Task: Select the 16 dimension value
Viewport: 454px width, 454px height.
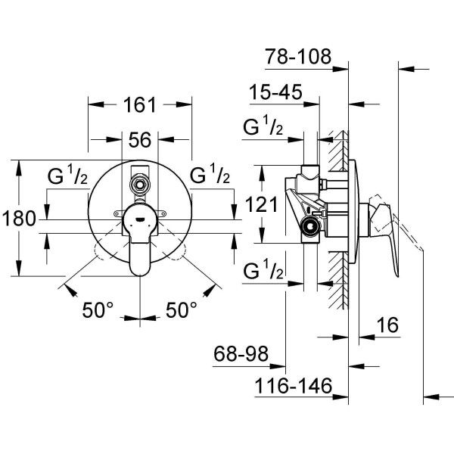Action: (x=387, y=326)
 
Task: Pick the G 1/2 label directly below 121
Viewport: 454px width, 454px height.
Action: (x=263, y=270)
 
